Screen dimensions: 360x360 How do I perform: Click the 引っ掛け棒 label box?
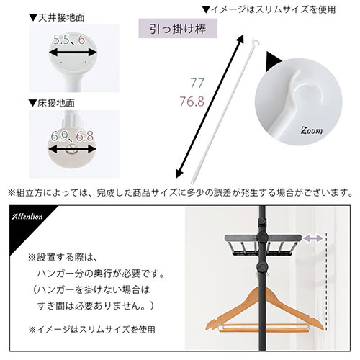coord(178,29)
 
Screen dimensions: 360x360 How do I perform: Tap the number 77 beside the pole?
coord(197,83)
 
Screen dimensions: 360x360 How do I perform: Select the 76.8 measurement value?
coord(192,102)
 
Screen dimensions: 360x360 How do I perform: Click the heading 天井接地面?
coord(57,18)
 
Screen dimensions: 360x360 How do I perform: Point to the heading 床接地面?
coord(51,103)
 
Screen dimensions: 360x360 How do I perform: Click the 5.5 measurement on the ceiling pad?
coord(60,40)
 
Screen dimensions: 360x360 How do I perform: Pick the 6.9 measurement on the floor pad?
coord(59,136)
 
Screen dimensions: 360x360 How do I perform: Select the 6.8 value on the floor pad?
coord(84,136)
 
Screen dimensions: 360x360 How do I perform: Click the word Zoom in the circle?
coord(312,130)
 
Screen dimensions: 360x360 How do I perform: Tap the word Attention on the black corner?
coord(27,217)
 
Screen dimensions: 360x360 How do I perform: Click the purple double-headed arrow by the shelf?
coord(312,238)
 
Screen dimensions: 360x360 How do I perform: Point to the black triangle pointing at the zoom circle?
coord(274,61)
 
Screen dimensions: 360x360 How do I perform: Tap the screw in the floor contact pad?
coord(72,149)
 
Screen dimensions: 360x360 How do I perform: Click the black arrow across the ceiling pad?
coord(73,53)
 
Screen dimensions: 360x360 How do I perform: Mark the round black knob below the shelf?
coord(262,266)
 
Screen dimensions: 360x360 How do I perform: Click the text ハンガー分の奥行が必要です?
coord(100,274)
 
